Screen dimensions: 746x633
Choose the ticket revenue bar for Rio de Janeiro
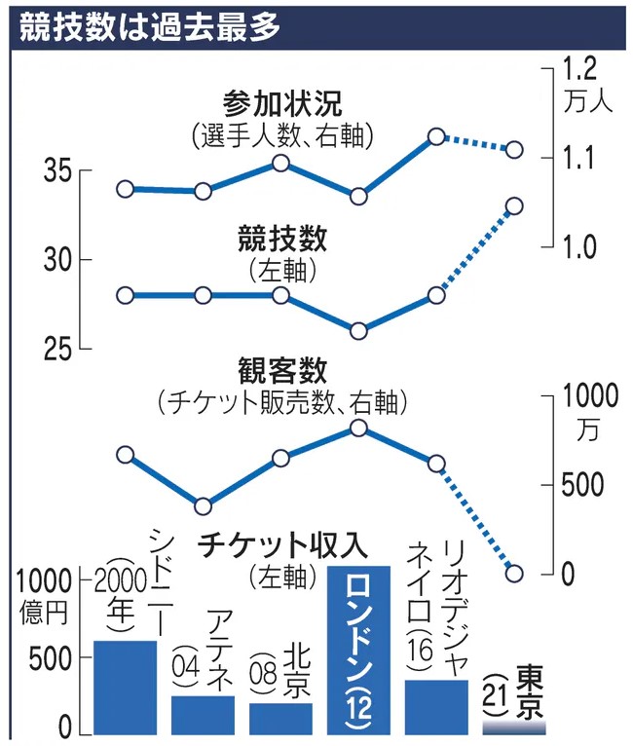pos(436,707)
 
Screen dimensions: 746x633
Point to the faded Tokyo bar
pos(513,727)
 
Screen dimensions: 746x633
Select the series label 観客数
pos(282,370)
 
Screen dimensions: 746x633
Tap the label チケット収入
pos(262,545)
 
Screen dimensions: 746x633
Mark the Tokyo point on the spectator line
pos(514,573)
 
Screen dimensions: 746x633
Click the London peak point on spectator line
pos(358,428)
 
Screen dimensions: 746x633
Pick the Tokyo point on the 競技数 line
pos(514,205)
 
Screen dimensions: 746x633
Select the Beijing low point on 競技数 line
pos(358,331)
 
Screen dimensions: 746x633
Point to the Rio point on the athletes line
pos(436,136)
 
